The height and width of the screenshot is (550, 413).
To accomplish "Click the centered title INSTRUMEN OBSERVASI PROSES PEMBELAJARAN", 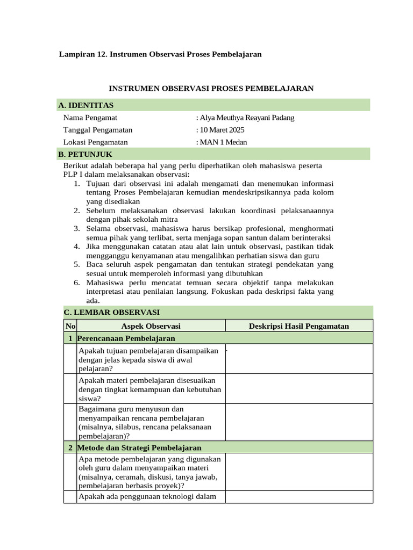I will pyautogui.click(x=211, y=88).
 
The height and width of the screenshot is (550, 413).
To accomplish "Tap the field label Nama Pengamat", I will pyautogui.click(x=90, y=118).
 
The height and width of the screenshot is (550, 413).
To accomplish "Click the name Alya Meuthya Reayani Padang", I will pyautogui.click(x=246, y=118).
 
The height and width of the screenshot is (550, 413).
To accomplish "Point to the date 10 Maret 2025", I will pyautogui.click(x=221, y=130).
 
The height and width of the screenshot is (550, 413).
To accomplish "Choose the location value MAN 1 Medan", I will pyautogui.click(x=222, y=142).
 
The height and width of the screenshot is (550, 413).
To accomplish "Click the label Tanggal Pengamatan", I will pyautogui.click(x=97, y=130).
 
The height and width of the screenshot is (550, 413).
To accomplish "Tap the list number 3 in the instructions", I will pyautogui.click(x=77, y=228).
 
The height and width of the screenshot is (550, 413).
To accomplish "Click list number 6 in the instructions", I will pyautogui.click(x=77, y=283).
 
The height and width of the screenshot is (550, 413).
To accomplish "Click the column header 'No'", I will pyautogui.click(x=70, y=326).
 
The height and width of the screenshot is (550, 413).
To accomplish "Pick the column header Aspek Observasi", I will pyautogui.click(x=151, y=326).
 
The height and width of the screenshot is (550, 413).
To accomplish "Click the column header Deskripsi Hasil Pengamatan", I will pyautogui.click(x=299, y=326).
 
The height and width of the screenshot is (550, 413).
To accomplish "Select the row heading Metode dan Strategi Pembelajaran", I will pyautogui.click(x=139, y=447).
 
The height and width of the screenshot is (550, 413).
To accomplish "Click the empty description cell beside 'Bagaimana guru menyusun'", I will pyautogui.click(x=299, y=422).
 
